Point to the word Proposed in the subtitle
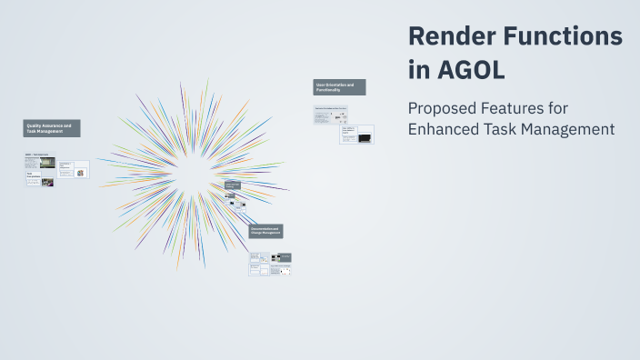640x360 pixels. [x=442, y=108]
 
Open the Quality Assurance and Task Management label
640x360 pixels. [x=53, y=129]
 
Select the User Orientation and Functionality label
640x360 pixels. [x=339, y=87]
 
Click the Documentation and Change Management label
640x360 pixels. [x=266, y=232]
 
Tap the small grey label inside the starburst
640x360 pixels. [x=232, y=185]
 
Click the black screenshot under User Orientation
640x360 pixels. [x=365, y=138]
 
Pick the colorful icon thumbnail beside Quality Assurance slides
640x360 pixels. [x=81, y=173]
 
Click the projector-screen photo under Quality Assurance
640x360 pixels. [x=46, y=164]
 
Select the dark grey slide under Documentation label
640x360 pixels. [x=285, y=258]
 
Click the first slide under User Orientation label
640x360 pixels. [x=331, y=115]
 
